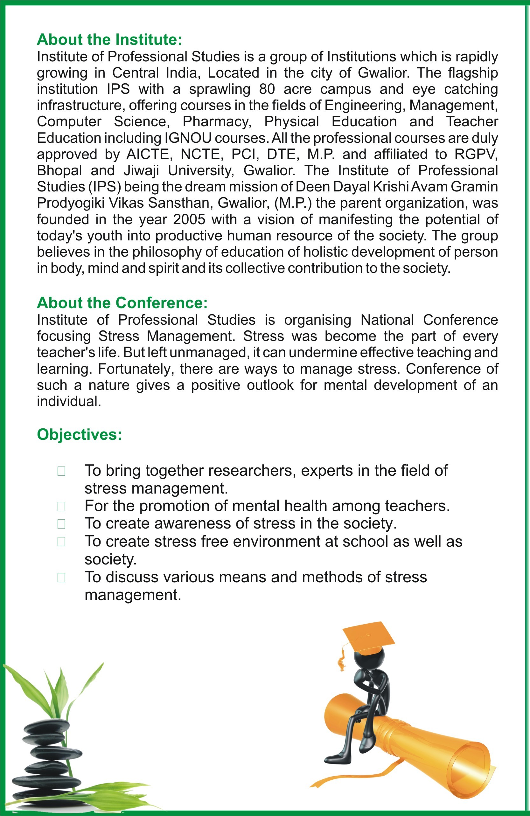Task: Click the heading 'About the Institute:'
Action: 109,40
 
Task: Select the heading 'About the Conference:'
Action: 122,303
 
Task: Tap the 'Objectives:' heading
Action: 79,434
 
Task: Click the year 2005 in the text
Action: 189,219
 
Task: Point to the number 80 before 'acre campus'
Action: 267,89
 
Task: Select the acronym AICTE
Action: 148,154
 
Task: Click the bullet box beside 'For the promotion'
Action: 61,506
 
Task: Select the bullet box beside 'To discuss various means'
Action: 61,578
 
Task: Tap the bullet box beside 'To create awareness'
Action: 61,524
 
